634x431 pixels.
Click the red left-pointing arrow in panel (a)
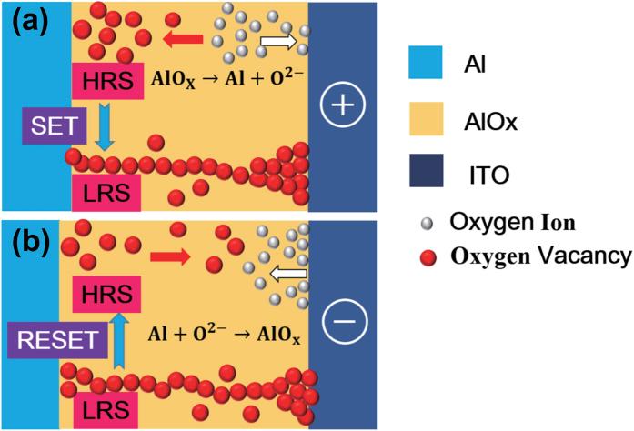185,38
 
